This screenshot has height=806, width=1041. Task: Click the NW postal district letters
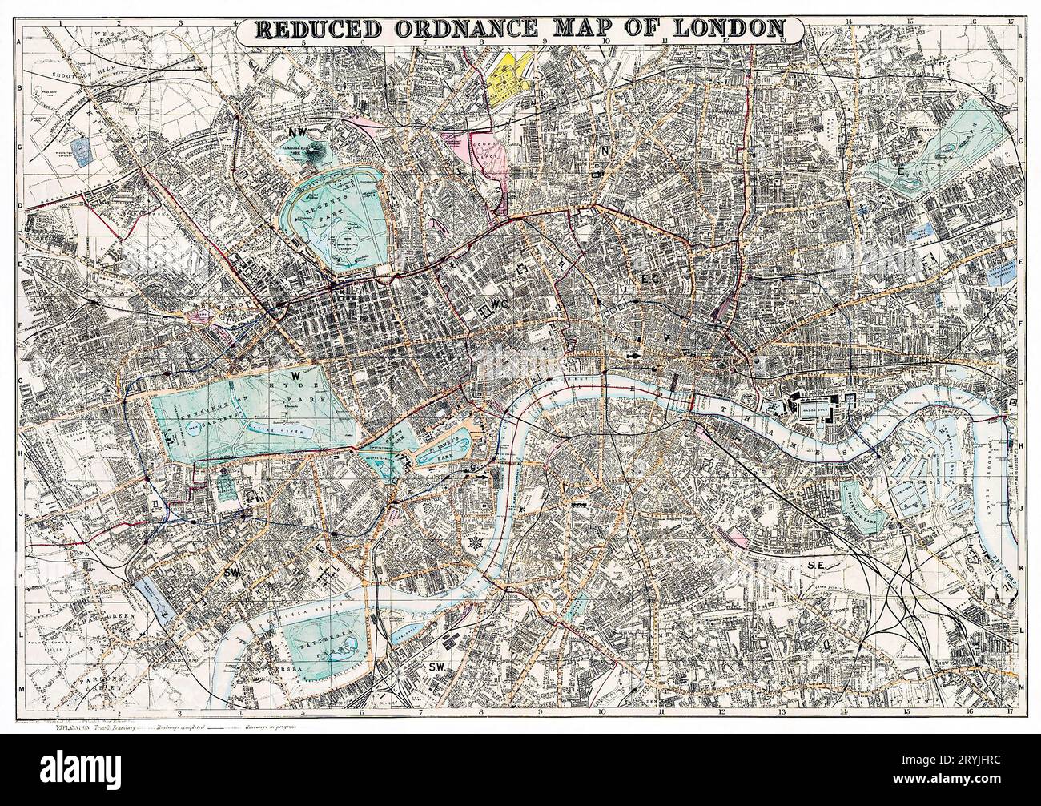(x=298, y=127)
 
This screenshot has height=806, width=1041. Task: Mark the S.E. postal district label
(x=816, y=566)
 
